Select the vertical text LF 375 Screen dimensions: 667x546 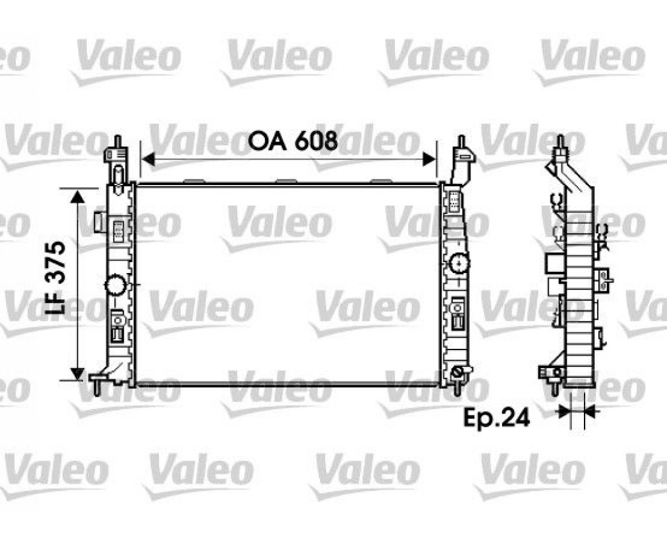point(56,278)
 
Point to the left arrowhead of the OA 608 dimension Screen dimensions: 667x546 point(147,160)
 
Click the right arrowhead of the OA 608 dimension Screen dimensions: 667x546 point(429,160)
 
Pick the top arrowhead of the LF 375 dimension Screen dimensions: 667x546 point(77,197)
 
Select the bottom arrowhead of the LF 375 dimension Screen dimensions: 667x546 point(77,373)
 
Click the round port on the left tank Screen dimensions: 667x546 point(115,285)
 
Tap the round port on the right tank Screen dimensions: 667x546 point(459,264)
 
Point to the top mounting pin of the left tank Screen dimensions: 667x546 point(118,142)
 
